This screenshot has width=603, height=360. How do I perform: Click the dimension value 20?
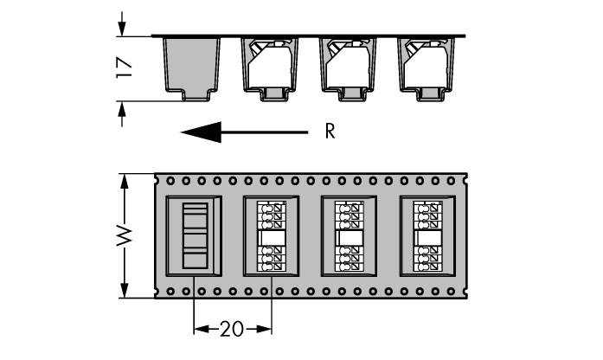[x=231, y=329]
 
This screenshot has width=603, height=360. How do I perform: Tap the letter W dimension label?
[x=125, y=235]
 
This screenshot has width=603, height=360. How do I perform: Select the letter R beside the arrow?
[x=330, y=132]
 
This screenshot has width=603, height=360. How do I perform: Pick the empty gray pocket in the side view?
[x=192, y=67]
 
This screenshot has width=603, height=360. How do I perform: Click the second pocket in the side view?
[x=271, y=67]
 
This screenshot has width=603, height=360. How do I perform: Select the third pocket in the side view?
[x=349, y=67]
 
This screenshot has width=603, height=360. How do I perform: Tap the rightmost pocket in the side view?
[x=427, y=67]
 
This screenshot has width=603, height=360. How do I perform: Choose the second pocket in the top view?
[x=272, y=236]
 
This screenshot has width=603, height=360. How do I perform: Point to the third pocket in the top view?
[x=350, y=236]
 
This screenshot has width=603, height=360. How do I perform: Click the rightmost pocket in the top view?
[x=427, y=236]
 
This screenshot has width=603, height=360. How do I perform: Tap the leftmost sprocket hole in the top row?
[x=170, y=182]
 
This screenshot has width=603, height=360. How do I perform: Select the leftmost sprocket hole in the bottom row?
[x=170, y=291]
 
